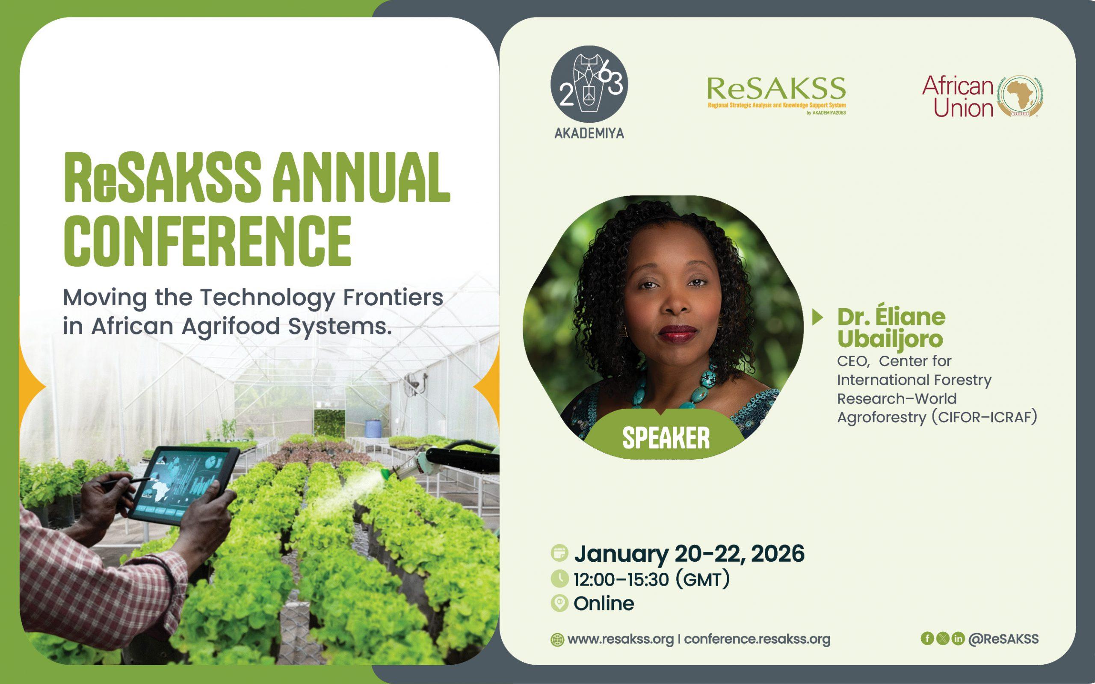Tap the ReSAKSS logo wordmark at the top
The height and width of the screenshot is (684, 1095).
pyautogui.click(x=776, y=88)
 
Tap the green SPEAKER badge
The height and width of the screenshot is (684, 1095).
pyautogui.click(x=666, y=436)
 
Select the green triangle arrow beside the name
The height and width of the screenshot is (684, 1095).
pyautogui.click(x=818, y=318)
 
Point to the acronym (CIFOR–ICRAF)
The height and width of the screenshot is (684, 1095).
pyautogui.click(x=984, y=417)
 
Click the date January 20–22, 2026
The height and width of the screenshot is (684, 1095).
pyautogui.click(x=689, y=553)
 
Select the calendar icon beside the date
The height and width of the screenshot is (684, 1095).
pyautogui.click(x=560, y=553)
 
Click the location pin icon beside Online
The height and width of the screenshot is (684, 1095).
pyautogui.click(x=560, y=604)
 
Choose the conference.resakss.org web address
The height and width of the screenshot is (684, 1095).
pyautogui.click(x=758, y=639)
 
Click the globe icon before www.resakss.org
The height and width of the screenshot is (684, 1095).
pyautogui.click(x=557, y=640)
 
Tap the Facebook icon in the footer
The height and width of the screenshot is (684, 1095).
pyautogui.click(x=927, y=638)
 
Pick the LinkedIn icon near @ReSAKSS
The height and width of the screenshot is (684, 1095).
pyautogui.click(x=958, y=638)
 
